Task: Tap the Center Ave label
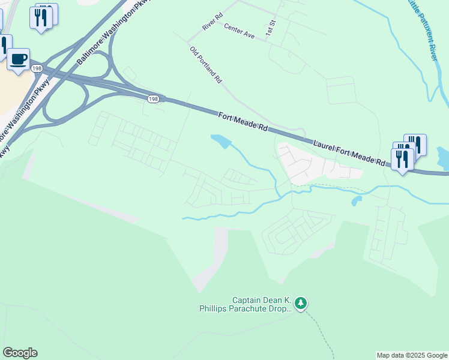coord(239,31)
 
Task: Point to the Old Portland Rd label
coord(206,65)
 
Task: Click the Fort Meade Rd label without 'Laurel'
coord(243,122)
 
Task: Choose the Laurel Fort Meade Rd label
coord(349,152)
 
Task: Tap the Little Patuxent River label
coord(423,28)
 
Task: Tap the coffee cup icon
coord(18,59)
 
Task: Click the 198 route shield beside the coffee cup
coord(37,69)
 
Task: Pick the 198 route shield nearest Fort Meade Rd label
coord(154,98)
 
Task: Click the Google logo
coord(20,353)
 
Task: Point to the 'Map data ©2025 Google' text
coord(412,355)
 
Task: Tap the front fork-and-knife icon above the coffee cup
coord(40,17)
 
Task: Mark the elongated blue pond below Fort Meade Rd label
coord(220,141)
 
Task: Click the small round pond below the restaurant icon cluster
coord(357,201)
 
